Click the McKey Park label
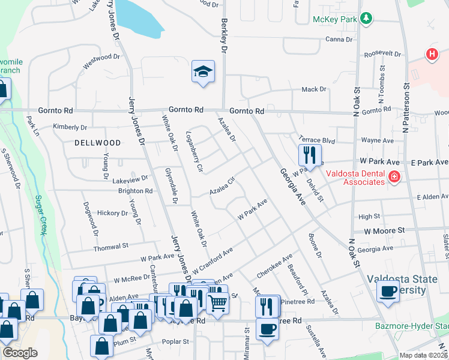335,19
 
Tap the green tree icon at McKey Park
366,19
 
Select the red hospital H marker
431,54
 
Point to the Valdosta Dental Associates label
355,178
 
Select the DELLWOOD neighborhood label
97,143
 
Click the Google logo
20,353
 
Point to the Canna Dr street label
339,40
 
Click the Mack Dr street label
313,89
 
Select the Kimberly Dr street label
70,127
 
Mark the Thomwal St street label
111,246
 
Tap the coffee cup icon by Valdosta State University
388,292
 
